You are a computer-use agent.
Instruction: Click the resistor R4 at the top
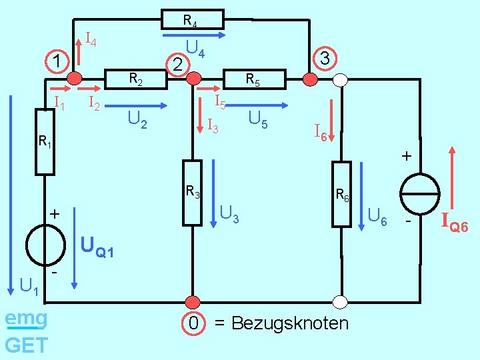[192, 19]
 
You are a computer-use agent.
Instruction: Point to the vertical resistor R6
[341, 194]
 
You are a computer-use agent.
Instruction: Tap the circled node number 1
[57, 61]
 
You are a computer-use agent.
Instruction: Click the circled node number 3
[325, 59]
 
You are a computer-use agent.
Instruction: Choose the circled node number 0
[193, 323]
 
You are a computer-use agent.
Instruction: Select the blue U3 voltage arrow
[213, 193]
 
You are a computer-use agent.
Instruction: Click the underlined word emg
[26, 319]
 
